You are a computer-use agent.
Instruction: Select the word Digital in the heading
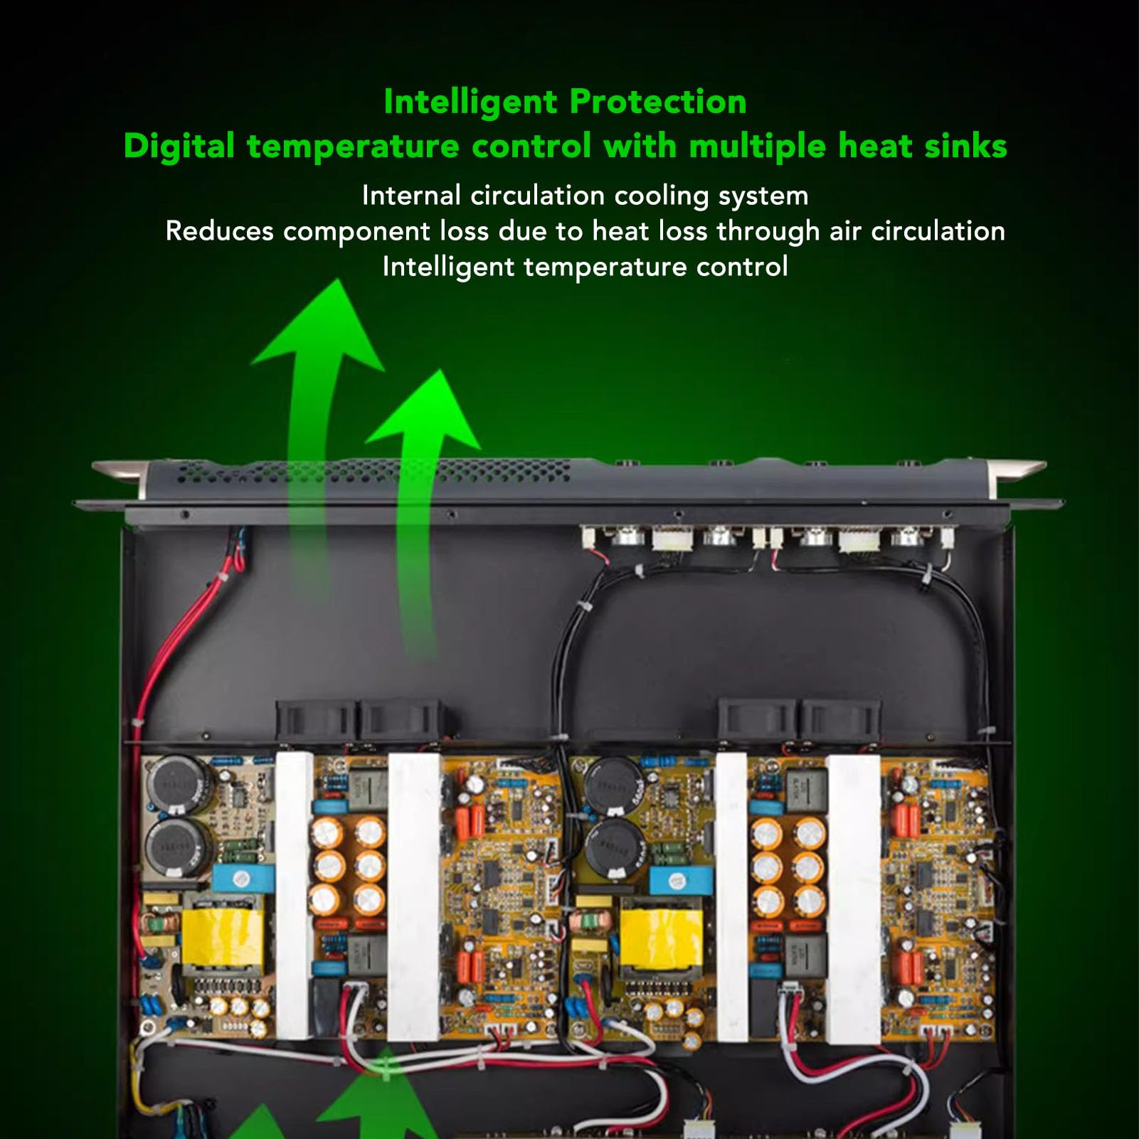pyautogui.click(x=179, y=147)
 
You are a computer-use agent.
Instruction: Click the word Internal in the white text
pyautogui.click(x=411, y=196)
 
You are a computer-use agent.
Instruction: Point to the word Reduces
pyautogui.click(x=219, y=231)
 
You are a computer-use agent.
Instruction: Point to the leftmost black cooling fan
pyautogui.click(x=315, y=720)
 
